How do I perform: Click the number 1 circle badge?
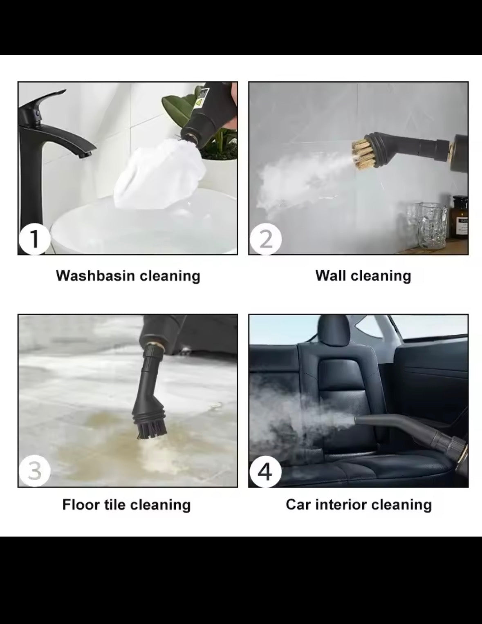click(x=34, y=239)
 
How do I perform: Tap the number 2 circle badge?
click(x=266, y=239)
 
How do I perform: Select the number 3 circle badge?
click(x=34, y=471)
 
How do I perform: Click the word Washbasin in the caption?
click(x=95, y=275)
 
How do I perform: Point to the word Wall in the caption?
click(x=331, y=275)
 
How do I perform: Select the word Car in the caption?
click(x=298, y=505)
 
